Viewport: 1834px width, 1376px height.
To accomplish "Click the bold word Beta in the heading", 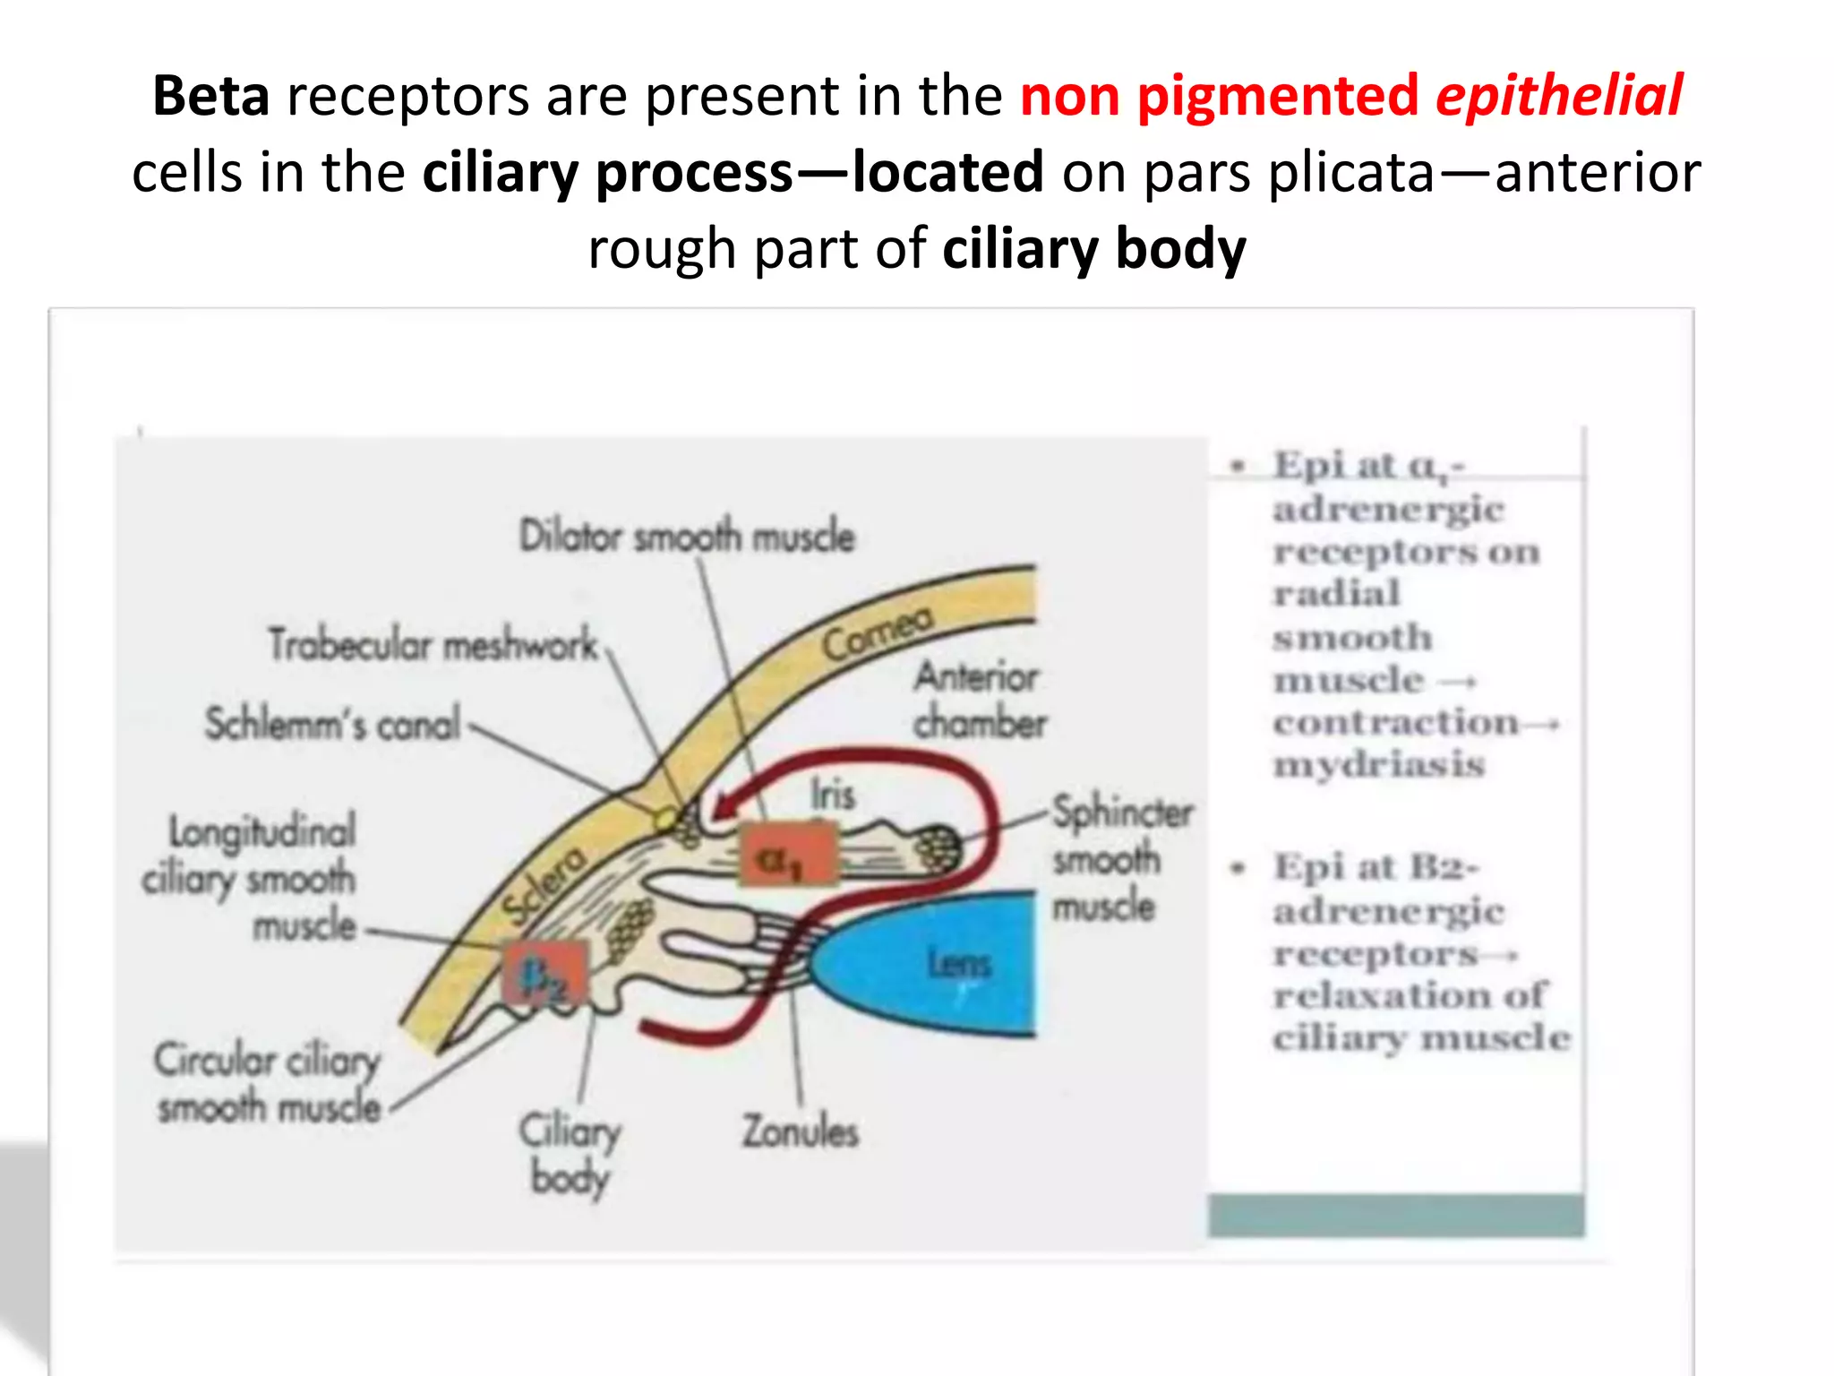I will pyautogui.click(x=210, y=96).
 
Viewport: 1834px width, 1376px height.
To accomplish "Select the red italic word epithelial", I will pyautogui.click(x=1559, y=96).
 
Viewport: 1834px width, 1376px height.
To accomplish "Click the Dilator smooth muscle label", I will pyautogui.click(x=687, y=536).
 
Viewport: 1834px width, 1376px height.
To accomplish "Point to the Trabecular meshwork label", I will pyautogui.click(x=433, y=644).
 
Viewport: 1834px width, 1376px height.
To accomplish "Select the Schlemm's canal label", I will pyautogui.click(x=332, y=724).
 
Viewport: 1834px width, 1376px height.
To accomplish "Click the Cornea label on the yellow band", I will pyautogui.click(x=877, y=632).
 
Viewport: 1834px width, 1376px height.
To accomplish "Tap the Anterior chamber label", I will pyautogui.click(x=979, y=700).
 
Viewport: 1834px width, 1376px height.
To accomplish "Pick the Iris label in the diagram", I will pyautogui.click(x=832, y=795).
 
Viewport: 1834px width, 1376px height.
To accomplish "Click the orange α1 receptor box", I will pyautogui.click(x=787, y=856).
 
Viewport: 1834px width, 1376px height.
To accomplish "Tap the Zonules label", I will pyautogui.click(x=800, y=1131).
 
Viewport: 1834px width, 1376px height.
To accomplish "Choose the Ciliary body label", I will pyautogui.click(x=570, y=1154).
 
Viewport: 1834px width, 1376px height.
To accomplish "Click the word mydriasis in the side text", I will pyautogui.click(x=1379, y=765).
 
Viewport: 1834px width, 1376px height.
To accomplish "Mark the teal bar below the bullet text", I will pyautogui.click(x=1395, y=1216).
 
